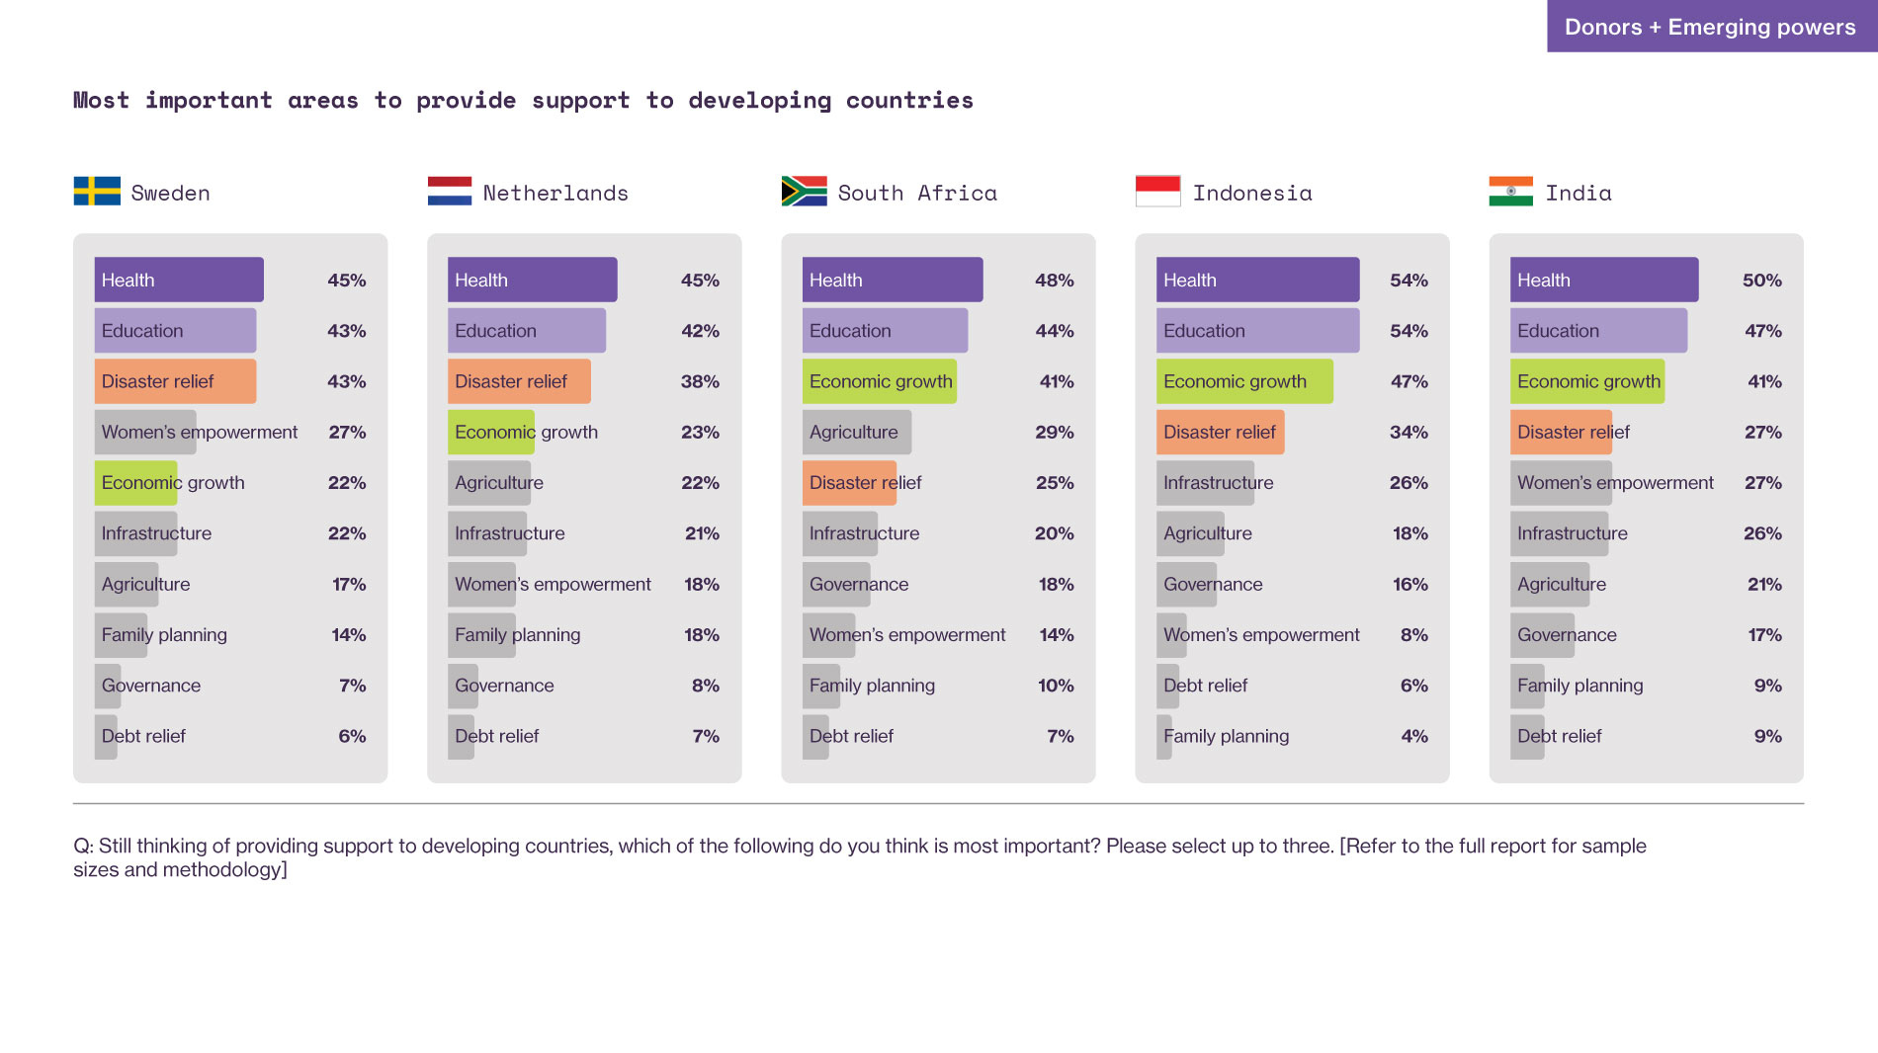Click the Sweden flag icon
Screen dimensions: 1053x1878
pos(97,191)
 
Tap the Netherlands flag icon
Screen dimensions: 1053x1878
pos(450,191)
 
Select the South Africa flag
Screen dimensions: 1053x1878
pos(804,191)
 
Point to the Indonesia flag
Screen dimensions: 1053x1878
pos(1157,191)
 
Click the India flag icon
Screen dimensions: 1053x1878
pos(1510,191)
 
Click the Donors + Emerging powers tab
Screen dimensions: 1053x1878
pos(1710,27)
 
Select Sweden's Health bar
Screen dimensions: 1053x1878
pos(179,280)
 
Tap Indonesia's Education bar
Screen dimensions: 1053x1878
pos(1257,331)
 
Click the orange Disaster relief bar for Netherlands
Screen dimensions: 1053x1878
pos(519,381)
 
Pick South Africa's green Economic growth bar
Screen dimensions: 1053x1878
pos(880,381)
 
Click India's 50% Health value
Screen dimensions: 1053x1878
pos(1761,281)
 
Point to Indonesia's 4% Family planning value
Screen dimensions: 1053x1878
pos(1413,736)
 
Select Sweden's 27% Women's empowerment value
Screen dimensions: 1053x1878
pos(347,433)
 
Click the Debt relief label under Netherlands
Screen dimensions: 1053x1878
pos(497,736)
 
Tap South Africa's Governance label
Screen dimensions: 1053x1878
pos(859,584)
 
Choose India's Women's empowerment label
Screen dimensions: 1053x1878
pos(1615,483)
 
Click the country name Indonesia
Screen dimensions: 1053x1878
pos(1252,193)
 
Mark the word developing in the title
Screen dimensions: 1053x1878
pos(759,101)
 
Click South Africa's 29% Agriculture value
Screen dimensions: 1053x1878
pos(1054,433)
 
